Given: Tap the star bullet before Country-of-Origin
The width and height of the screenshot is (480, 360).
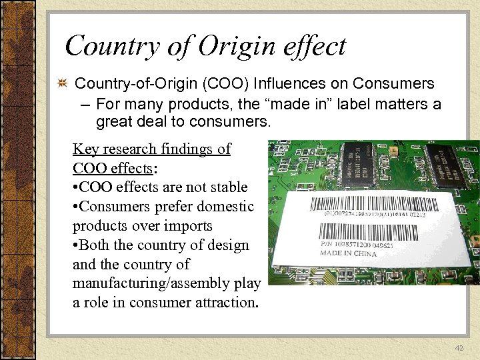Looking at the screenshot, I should click(62, 84).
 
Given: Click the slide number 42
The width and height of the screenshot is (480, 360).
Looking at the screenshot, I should click(459, 347).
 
